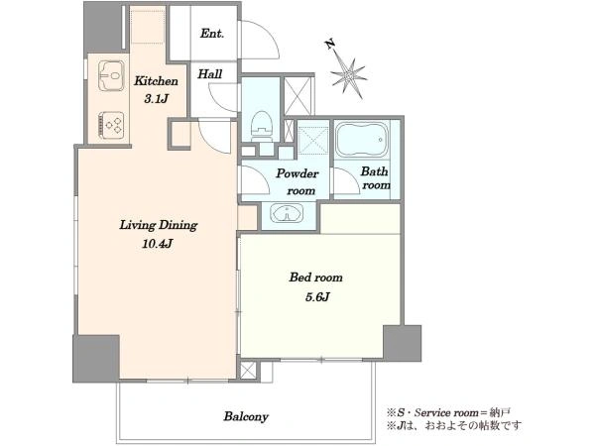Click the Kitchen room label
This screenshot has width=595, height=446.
(156, 81)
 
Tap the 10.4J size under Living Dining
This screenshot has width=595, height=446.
(158, 244)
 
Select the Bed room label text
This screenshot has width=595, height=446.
(315, 278)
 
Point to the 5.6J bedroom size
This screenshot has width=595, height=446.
(317, 297)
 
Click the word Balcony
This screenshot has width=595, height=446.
(246, 416)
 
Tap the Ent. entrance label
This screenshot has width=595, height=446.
(212, 34)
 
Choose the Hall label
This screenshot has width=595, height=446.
(210, 73)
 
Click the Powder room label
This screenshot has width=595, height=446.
(297, 181)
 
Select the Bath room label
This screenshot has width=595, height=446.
(375, 177)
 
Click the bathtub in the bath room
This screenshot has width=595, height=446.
(362, 139)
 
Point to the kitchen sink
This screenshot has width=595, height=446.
(111, 76)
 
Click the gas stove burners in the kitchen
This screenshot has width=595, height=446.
(111, 124)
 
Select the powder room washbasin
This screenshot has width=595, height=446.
(287, 213)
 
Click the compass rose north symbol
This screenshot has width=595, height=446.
(348, 77)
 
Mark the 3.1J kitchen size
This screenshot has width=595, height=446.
(156, 99)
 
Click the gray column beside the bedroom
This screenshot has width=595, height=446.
(403, 343)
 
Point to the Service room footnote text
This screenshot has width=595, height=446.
(448, 412)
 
